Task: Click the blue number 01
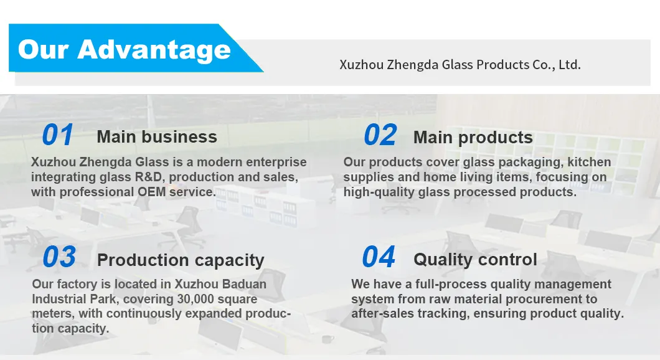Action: pos(58,135)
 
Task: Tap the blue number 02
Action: pos(380,135)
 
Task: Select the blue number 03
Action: pos(59,257)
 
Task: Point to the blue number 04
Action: pos(379,257)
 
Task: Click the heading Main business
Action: pos(157,137)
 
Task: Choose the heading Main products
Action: pos(473,138)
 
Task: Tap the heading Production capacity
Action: pos(181,260)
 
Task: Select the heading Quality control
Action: pos(475,260)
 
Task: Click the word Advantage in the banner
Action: pos(154,50)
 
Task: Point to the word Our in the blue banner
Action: pos(44,50)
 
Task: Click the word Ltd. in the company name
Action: pos(570,64)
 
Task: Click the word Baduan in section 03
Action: pos(244,284)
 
